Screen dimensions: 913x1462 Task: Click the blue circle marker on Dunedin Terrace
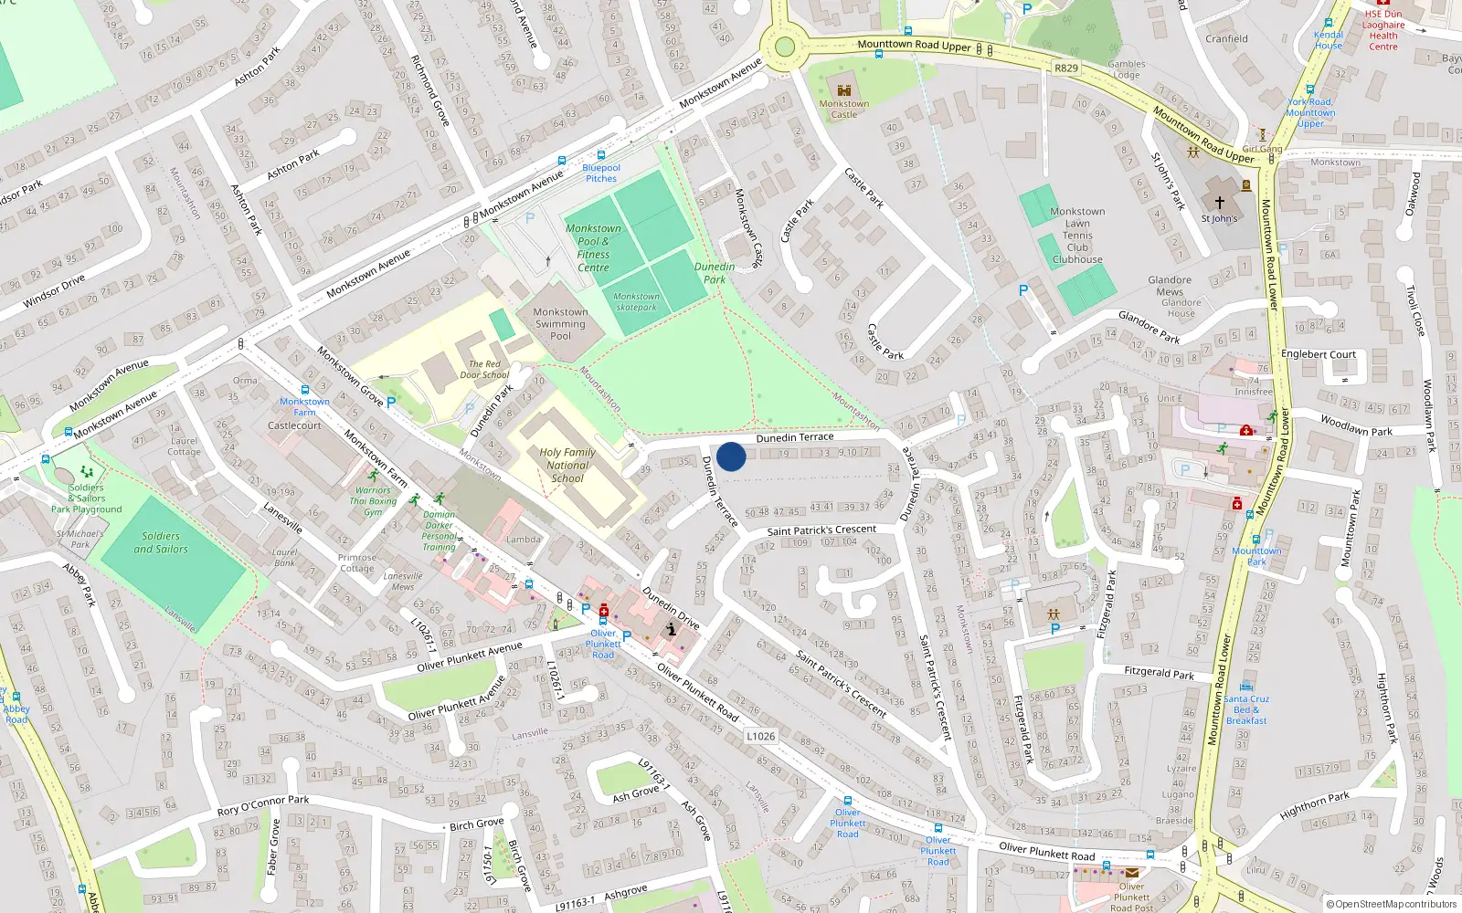(731, 456)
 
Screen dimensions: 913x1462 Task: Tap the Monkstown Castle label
(843, 109)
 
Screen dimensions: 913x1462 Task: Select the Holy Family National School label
(567, 465)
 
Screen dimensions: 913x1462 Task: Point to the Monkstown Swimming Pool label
(560, 323)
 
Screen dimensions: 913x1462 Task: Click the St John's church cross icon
(1219, 202)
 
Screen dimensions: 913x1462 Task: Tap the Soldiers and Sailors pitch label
(161, 542)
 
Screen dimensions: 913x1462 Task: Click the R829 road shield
(1065, 68)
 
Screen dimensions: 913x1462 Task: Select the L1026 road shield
(760, 736)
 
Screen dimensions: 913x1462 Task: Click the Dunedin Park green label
(714, 273)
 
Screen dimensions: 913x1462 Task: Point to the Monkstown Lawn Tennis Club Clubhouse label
(1077, 236)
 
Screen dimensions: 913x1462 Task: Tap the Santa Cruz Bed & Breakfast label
(1246, 709)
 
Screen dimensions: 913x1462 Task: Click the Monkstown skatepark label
(636, 301)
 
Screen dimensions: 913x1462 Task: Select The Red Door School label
(484, 369)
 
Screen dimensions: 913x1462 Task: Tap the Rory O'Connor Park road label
(263, 805)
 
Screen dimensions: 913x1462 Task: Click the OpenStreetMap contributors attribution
(1391, 904)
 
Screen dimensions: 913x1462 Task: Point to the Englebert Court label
(1318, 354)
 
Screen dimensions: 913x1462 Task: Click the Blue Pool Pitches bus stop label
(601, 173)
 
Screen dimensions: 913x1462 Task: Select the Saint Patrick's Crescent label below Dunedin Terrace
(821, 530)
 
